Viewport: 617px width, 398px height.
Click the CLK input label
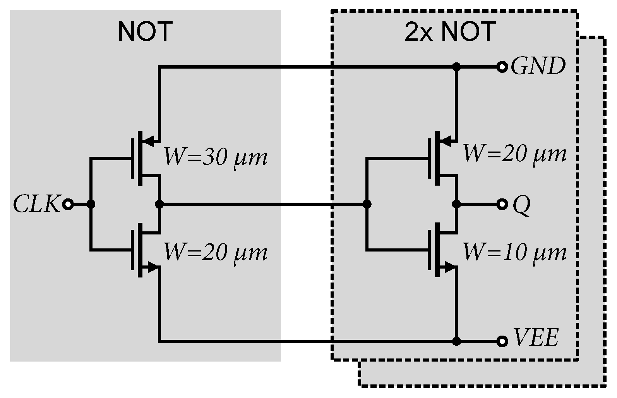[x=36, y=204]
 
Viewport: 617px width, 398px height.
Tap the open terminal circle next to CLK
[x=68, y=204]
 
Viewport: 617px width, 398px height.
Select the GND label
[x=538, y=67]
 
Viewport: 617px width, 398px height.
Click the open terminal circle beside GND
[x=502, y=67]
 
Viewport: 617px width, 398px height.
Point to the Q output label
[x=521, y=205]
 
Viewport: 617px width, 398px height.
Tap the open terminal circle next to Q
[x=502, y=204]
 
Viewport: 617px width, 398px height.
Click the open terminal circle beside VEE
[x=502, y=341]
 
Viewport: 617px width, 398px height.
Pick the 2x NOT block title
[x=450, y=32]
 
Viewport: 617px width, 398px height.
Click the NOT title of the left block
[x=145, y=32]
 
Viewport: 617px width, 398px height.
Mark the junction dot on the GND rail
[x=457, y=67]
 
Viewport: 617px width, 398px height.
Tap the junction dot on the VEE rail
[x=457, y=341]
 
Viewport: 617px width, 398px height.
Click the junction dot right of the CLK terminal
[x=91, y=204]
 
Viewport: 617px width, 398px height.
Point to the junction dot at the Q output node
[x=457, y=204]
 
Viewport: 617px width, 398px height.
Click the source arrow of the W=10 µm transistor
[x=449, y=267]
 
